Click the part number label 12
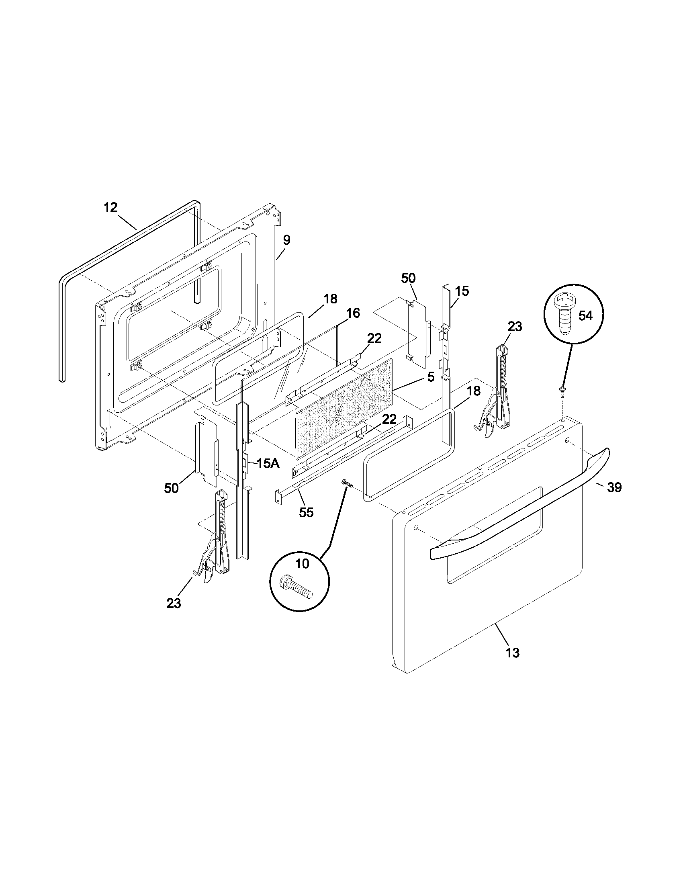[x=110, y=208]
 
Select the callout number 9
[x=286, y=240]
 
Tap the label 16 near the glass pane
[x=353, y=313]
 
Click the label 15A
[x=268, y=464]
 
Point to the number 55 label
[x=306, y=512]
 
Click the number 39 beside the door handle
[x=614, y=488]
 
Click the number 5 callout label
[x=431, y=377]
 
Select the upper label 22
[x=374, y=338]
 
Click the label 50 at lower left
[x=171, y=488]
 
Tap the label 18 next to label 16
[x=330, y=299]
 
